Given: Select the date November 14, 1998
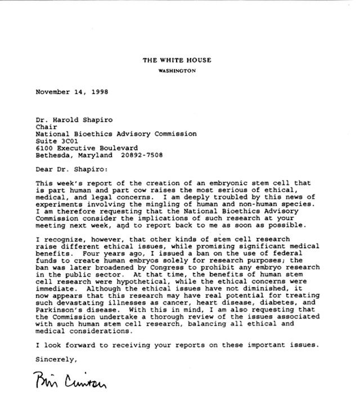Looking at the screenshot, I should coord(72,91).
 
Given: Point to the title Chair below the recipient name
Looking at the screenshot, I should coord(44,127).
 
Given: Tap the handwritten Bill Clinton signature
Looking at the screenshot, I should coord(70,378).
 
